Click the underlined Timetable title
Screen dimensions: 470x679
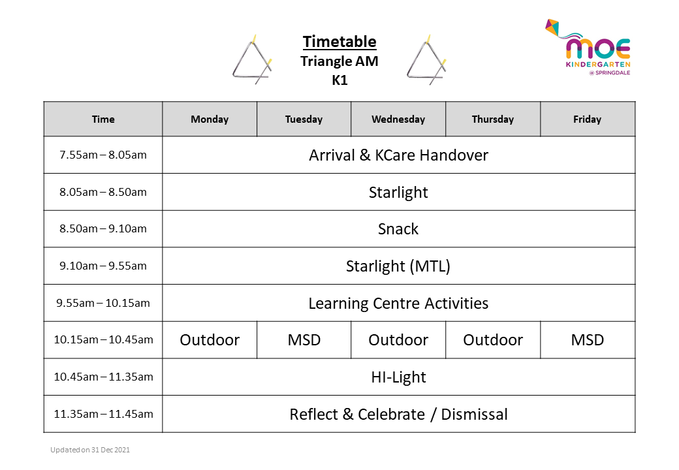(x=339, y=42)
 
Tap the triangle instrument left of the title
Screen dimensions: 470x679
(x=251, y=60)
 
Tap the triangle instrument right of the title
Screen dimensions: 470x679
(x=426, y=60)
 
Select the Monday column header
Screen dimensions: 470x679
(x=210, y=119)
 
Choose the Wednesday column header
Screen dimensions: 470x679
(x=398, y=119)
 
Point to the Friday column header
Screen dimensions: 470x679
(x=587, y=119)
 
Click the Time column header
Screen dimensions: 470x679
(x=103, y=119)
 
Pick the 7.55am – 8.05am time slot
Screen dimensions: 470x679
(x=103, y=155)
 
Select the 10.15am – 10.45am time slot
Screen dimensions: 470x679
(x=103, y=340)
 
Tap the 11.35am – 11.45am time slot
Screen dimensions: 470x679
(x=103, y=414)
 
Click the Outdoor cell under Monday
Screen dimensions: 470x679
(x=210, y=340)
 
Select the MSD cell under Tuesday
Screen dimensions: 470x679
(x=304, y=340)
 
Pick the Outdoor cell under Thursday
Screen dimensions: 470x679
(x=493, y=340)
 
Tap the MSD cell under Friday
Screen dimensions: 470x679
(x=587, y=340)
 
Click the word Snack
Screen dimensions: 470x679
(x=398, y=229)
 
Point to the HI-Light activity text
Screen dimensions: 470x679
(x=398, y=377)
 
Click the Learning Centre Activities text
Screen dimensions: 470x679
(x=398, y=304)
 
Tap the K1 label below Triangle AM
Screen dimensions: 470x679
(x=339, y=81)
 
